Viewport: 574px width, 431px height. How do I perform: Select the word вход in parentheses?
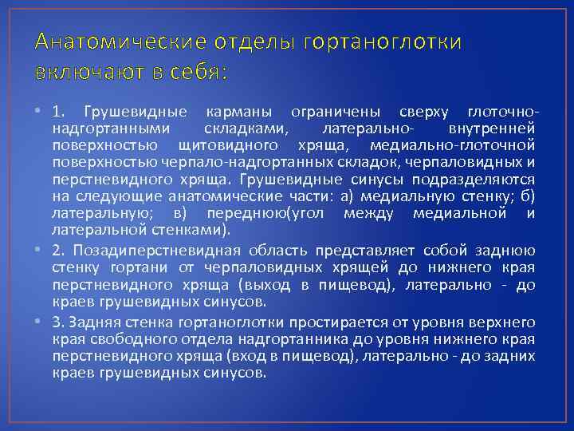[x=268, y=356]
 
